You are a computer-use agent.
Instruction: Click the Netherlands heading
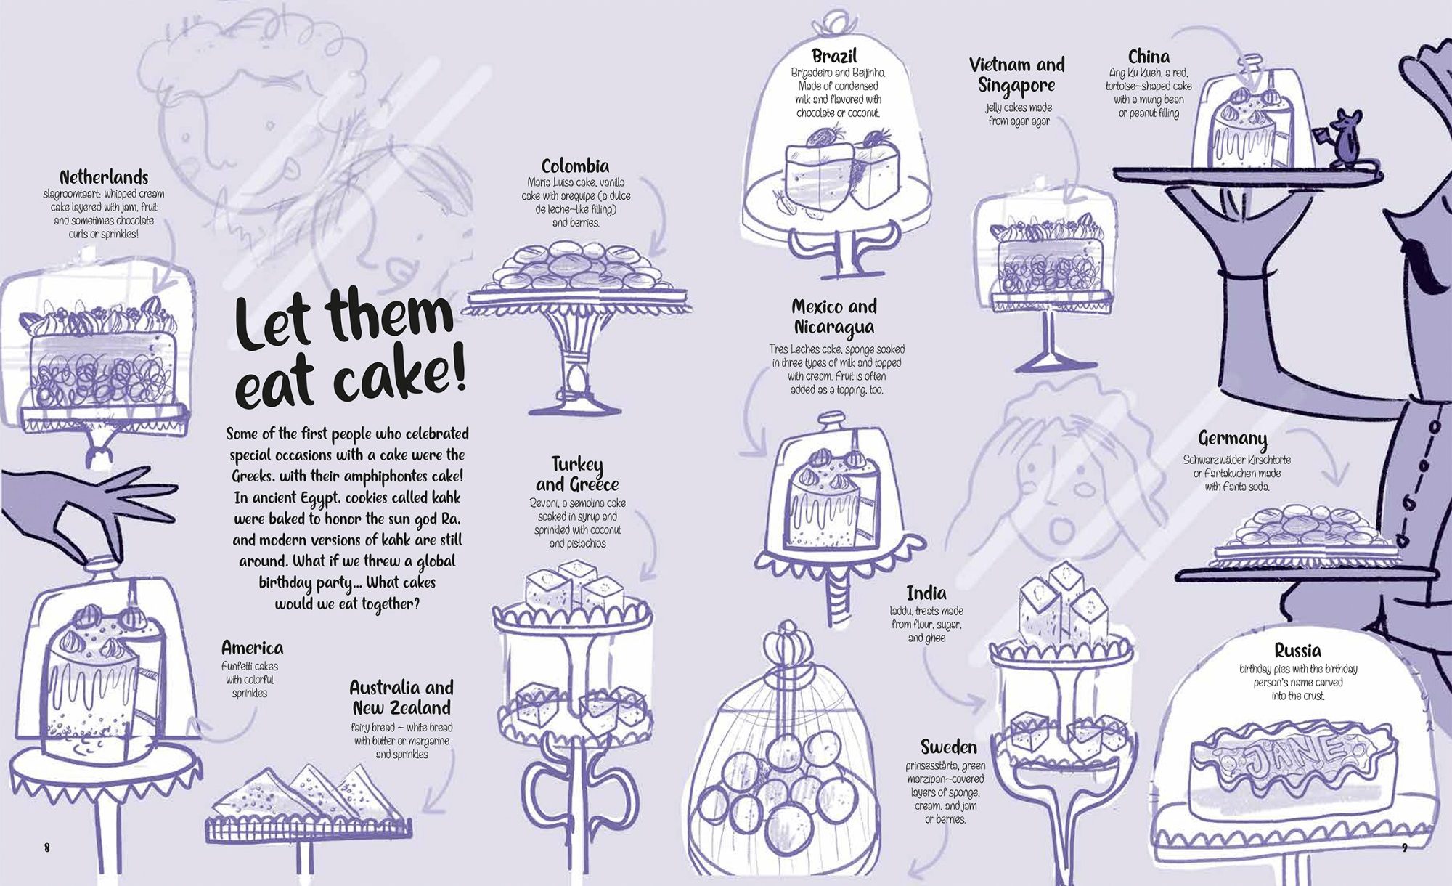pyautogui.click(x=104, y=177)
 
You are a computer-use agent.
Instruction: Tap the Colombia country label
pyautogui.click(x=575, y=166)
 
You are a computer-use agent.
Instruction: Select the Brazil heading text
pyautogui.click(x=834, y=56)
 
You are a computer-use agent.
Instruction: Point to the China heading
pyautogui.click(x=1149, y=57)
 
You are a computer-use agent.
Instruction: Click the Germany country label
pyautogui.click(x=1232, y=439)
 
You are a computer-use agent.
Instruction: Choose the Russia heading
pyautogui.click(x=1297, y=650)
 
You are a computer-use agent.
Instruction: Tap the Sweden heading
pyautogui.click(x=948, y=747)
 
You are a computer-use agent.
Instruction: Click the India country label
pyautogui.click(x=926, y=593)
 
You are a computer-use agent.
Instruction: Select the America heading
pyautogui.click(x=252, y=648)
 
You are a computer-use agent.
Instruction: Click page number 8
pyautogui.click(x=47, y=848)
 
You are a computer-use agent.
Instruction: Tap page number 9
pyautogui.click(x=1404, y=848)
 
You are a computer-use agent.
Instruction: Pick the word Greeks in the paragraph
pyautogui.click(x=256, y=476)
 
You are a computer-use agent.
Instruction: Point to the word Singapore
pyautogui.click(x=1016, y=85)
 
